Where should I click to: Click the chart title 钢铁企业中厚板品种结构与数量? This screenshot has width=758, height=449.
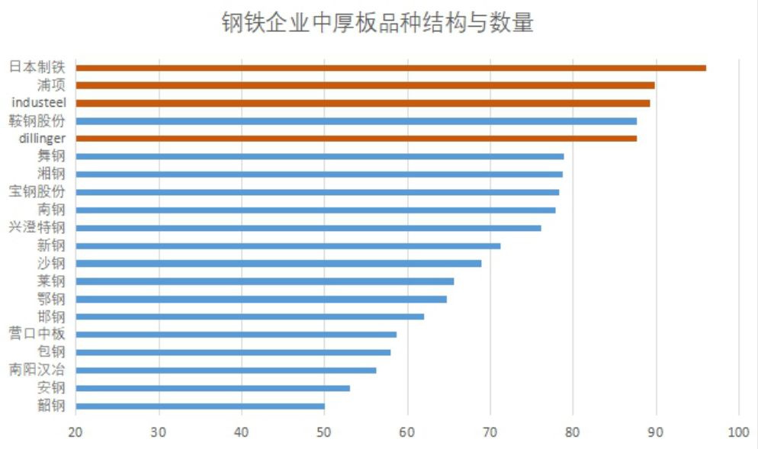pyautogui.click(x=377, y=24)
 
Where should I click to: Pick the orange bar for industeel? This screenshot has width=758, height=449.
pyautogui.click(x=363, y=103)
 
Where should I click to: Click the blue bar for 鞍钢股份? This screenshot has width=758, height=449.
pyautogui.click(x=356, y=120)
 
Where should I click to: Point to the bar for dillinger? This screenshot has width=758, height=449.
pyautogui.click(x=356, y=138)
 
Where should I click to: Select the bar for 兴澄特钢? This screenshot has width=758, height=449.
pyautogui.click(x=308, y=227)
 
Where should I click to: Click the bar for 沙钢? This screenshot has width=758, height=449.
pyautogui.click(x=278, y=263)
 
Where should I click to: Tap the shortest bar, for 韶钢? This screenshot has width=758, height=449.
pyautogui.click(x=200, y=406)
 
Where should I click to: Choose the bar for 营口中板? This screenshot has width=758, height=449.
pyautogui.click(x=236, y=334)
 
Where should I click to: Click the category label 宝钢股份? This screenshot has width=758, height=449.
pyautogui.click(x=37, y=191)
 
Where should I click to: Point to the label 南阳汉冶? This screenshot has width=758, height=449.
pyautogui.click(x=37, y=370)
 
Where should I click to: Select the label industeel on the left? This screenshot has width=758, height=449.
pyautogui.click(x=39, y=102)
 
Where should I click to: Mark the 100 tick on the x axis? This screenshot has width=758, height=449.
pyautogui.click(x=738, y=432)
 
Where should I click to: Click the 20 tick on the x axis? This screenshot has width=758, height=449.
pyautogui.click(x=75, y=432)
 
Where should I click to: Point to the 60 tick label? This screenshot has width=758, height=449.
pyautogui.click(x=407, y=432)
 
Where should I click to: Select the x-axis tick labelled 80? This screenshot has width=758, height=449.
pyautogui.click(x=573, y=432)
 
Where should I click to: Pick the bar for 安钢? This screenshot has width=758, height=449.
pyautogui.click(x=213, y=388)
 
